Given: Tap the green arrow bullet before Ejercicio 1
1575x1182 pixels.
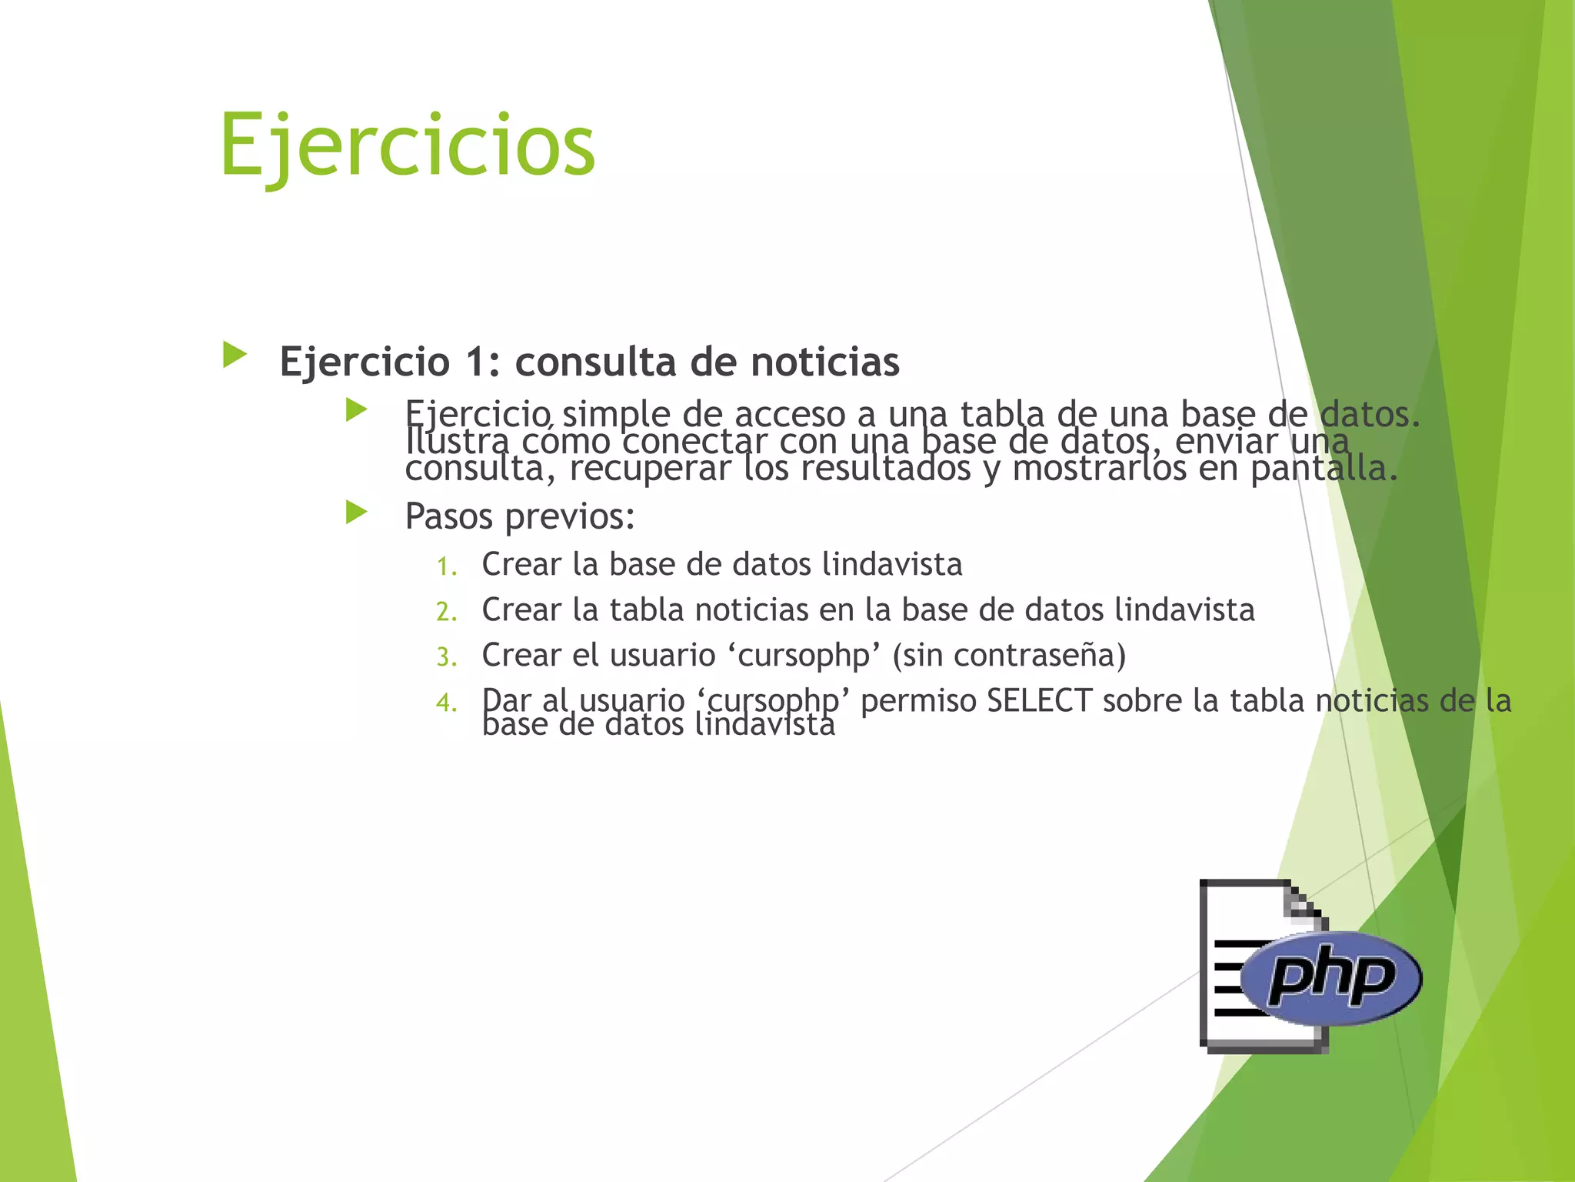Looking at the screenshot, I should (x=235, y=355).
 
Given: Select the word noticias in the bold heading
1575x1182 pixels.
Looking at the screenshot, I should (x=825, y=362).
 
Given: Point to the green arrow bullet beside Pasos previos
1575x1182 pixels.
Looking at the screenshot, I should (x=357, y=512).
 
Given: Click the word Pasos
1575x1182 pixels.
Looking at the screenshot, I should (x=448, y=516).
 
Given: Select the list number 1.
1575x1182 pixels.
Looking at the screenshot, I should (x=446, y=567).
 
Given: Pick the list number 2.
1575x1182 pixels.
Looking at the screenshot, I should (x=446, y=613).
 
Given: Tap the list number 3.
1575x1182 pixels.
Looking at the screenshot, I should (x=446, y=658).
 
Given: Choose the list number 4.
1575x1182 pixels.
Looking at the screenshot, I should (x=446, y=703).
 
